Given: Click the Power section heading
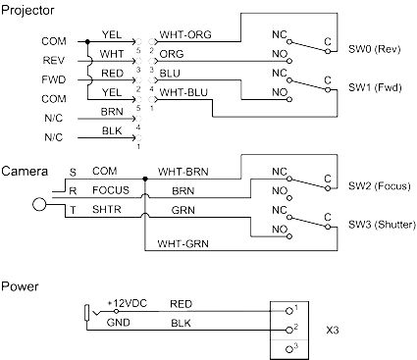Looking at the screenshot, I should pos(20,286).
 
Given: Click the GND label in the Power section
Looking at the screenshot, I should pos(118,321).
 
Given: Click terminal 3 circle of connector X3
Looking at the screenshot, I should pos(289,348).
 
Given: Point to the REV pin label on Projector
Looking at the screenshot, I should pos(53,61).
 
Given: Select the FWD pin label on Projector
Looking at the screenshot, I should pos(53,79).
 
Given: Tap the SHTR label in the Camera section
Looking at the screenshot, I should pos(106,209).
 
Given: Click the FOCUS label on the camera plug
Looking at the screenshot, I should pos(111,190).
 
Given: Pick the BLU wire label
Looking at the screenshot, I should pos(169,73).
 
